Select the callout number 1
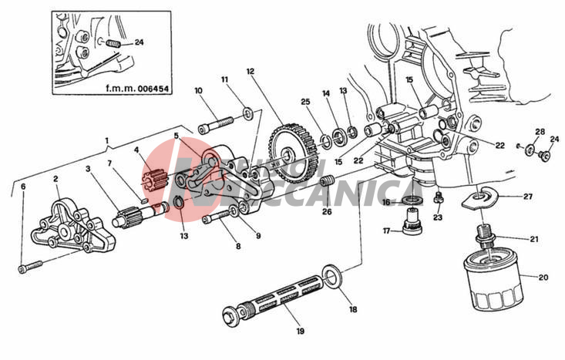click(107, 141)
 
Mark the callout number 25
click(305, 102)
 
